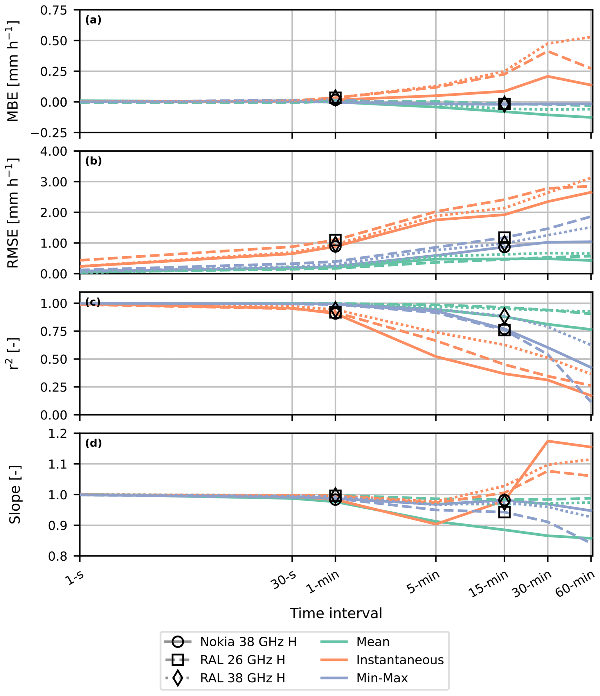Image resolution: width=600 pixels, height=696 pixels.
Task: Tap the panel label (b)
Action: (x=93, y=161)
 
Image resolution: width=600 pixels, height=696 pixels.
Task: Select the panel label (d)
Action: (x=93, y=443)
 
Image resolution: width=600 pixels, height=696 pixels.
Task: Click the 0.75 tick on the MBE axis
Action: (x=58, y=10)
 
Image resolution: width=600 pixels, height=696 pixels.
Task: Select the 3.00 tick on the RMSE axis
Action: (x=58, y=182)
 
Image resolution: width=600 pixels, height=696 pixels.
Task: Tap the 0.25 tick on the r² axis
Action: (x=58, y=387)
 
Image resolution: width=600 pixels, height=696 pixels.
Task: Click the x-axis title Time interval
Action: (x=336, y=614)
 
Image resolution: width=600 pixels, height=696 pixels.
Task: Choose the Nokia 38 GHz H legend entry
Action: (x=248, y=642)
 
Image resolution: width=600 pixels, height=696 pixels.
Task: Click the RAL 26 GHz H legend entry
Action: (x=242, y=660)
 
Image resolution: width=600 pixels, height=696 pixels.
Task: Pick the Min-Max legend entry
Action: (x=382, y=678)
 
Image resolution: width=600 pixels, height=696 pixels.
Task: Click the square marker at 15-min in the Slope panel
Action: (x=504, y=512)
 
